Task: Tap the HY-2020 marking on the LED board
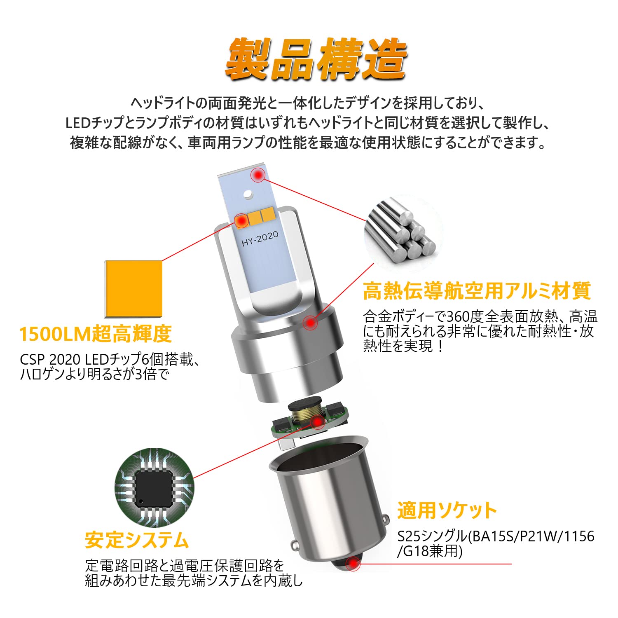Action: coord(260,239)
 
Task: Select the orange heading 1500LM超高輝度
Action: coord(96,334)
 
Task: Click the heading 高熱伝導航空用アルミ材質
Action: coord(477,291)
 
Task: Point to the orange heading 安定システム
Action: coord(137,540)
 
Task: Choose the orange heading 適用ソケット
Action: coord(447,510)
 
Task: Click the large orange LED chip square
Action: coord(133,289)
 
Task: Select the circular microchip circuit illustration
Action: coord(154,488)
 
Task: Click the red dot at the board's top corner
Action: coord(259,176)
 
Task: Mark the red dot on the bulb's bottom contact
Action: coord(353,564)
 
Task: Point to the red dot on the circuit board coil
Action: coord(317,421)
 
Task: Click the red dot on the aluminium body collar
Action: coord(310,323)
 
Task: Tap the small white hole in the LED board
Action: coord(248,194)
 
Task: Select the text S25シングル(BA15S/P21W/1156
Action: coord(496,536)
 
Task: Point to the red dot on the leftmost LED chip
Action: coord(241,221)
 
